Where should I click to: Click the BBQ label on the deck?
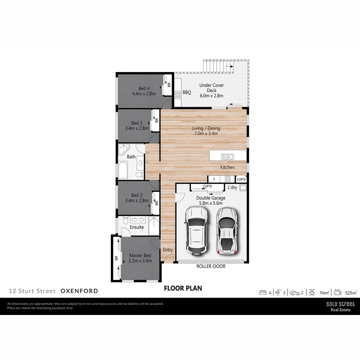tap(187, 92)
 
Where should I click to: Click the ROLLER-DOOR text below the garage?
tap(211, 266)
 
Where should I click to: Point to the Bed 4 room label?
tap(144, 88)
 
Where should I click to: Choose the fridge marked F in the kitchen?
tap(214, 179)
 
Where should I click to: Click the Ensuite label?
tap(137, 227)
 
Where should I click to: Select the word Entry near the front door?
tap(168, 250)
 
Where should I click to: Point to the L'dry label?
tap(232, 188)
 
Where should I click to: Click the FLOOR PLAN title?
tap(183, 288)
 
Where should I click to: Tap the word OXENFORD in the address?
tap(79, 291)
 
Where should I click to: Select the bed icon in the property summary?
tap(263, 293)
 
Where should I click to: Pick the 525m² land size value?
tap(351, 293)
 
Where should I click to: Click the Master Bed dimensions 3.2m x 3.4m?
tap(140, 261)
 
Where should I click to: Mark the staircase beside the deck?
tap(219, 66)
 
